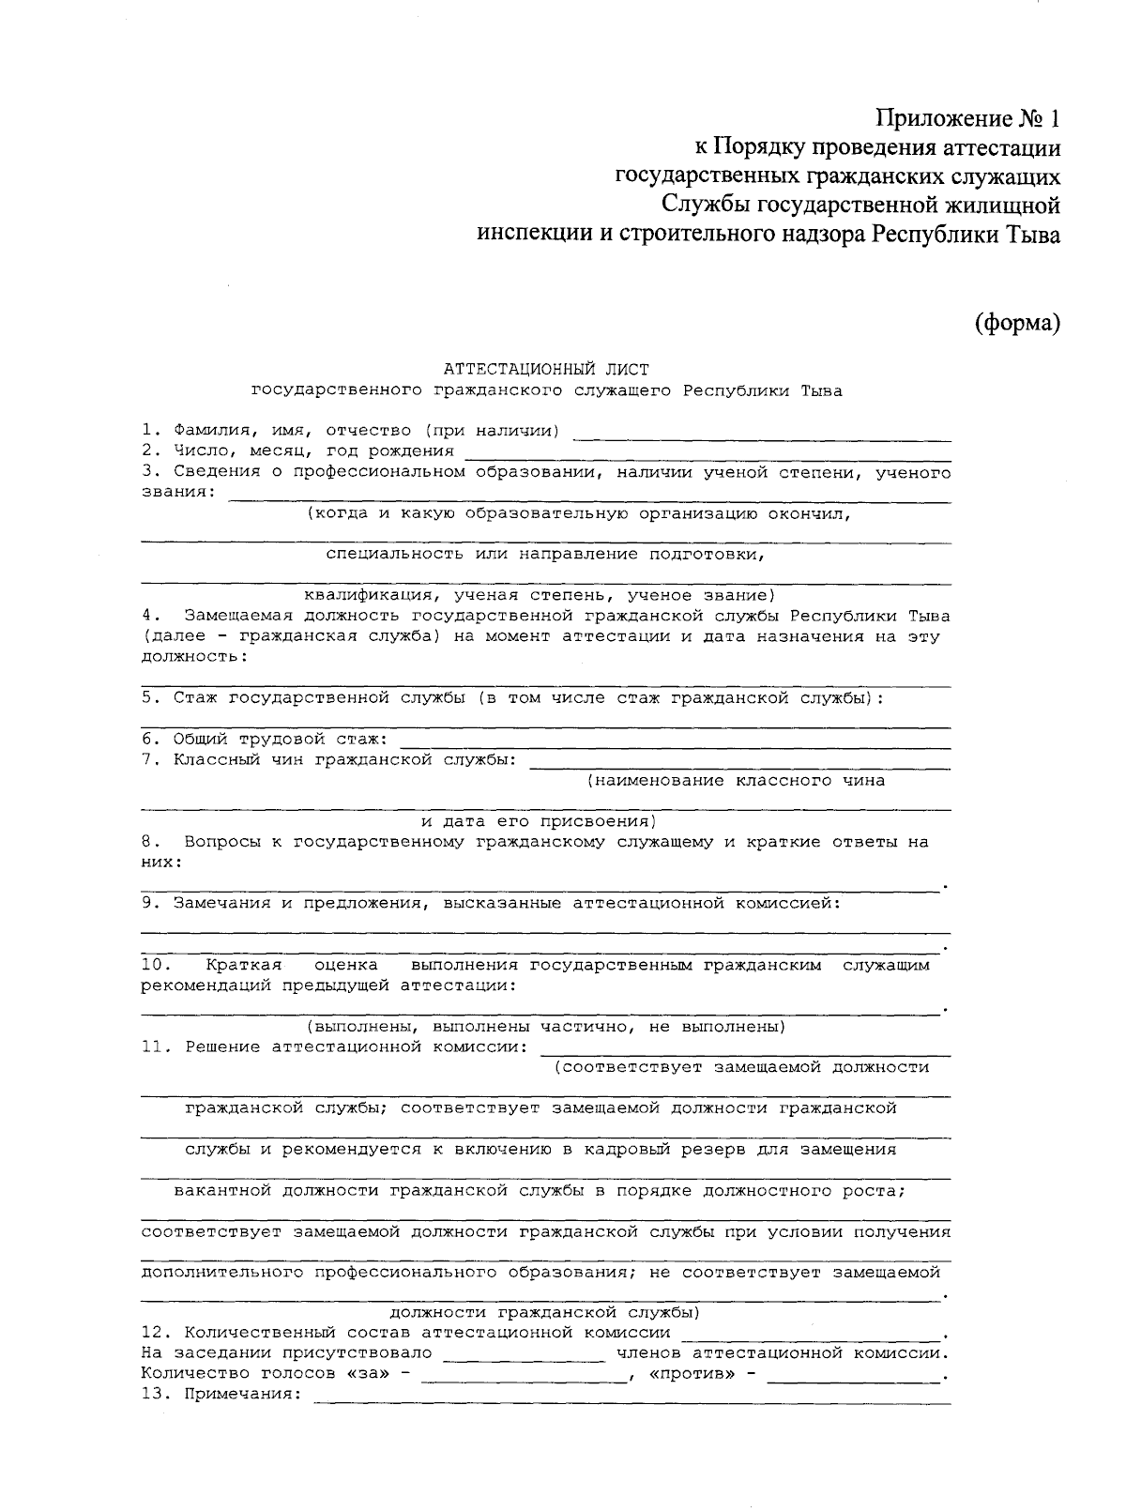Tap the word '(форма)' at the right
[x=1017, y=323]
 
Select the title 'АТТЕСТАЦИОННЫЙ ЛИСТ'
[x=545, y=370]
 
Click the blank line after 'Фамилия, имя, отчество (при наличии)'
[x=762, y=436]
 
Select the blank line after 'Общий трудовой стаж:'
[x=675, y=744]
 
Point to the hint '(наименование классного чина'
[x=736, y=780]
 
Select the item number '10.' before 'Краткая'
[x=154, y=964]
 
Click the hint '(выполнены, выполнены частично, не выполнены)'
[x=545, y=1026]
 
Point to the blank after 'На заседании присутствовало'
[x=524, y=1358]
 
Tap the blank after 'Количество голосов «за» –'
[x=524, y=1379]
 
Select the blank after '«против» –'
[x=854, y=1379]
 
